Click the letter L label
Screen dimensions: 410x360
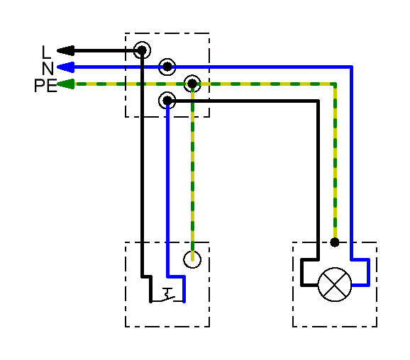46,52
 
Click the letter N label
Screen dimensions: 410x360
48,69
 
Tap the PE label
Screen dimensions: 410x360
45,85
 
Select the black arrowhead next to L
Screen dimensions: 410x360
66,51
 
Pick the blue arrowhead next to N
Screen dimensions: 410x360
66,67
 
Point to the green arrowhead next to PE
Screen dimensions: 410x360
66,84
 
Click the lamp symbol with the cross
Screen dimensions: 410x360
335,284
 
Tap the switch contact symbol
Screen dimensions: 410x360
167,296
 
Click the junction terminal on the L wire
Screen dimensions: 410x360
142,50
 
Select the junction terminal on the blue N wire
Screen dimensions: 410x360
167,67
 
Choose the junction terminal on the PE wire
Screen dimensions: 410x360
192,84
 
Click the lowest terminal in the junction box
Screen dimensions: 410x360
167,101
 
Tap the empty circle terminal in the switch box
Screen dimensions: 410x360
192,259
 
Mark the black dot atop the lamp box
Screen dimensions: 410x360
335,242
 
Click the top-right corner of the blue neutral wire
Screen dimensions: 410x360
352,67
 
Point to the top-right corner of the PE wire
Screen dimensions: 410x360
335,84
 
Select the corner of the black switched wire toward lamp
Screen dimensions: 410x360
318,101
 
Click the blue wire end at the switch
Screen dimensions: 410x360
184,301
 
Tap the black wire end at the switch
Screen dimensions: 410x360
150,301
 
